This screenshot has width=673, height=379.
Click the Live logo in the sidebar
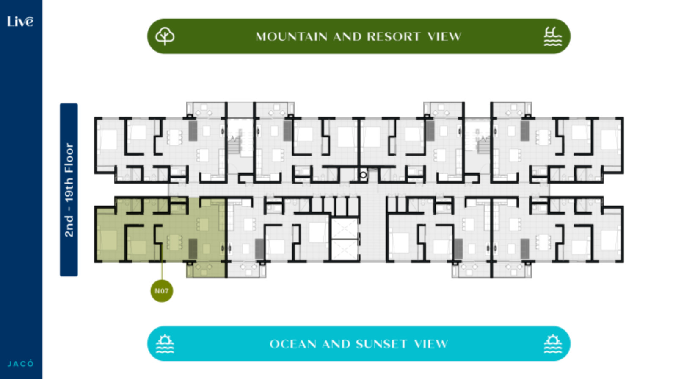click(x=20, y=21)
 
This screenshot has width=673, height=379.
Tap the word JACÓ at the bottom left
click(x=21, y=364)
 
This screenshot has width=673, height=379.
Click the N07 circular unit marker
click(x=162, y=291)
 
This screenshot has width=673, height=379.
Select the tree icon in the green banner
click(x=165, y=36)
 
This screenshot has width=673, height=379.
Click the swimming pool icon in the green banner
click(x=553, y=36)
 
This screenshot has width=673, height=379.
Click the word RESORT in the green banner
click(x=394, y=37)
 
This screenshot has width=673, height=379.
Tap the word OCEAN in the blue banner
click(x=293, y=344)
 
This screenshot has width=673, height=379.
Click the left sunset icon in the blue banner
click(x=165, y=343)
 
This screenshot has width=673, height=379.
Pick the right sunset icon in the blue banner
click(x=553, y=343)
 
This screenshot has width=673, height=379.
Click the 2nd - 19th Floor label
click(x=69, y=190)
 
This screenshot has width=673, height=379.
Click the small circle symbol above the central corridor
click(x=363, y=175)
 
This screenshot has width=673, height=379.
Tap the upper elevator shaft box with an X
click(x=344, y=229)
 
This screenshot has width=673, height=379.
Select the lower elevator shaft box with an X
click(x=344, y=250)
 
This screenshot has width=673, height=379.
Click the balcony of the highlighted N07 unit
click(x=206, y=270)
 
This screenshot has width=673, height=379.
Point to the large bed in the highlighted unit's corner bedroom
click(x=108, y=240)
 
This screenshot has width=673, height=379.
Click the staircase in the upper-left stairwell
click(x=234, y=145)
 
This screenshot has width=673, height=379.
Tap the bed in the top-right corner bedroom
click(x=609, y=139)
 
